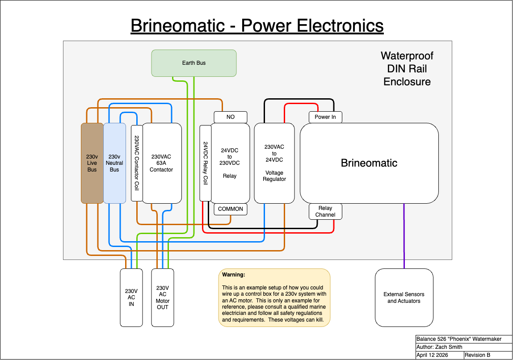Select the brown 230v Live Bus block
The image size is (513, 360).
(92, 163)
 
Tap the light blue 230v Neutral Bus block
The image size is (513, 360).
(114, 163)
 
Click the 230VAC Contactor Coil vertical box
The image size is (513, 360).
(137, 163)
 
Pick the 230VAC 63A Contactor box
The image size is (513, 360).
(162, 163)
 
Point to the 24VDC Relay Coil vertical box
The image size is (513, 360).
(205, 163)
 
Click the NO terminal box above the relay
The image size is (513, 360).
(231, 117)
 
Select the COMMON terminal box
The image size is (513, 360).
(231, 209)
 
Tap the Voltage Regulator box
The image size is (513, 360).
(274, 163)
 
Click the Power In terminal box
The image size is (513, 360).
(325, 117)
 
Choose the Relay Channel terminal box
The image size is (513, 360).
(325, 212)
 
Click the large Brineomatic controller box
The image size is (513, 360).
(369, 163)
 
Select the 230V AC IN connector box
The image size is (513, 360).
(131, 297)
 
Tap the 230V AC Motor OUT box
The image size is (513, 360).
(162, 297)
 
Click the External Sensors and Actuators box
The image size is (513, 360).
(404, 297)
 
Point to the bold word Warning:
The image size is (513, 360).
(234, 275)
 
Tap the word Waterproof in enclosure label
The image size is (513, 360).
(407, 56)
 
